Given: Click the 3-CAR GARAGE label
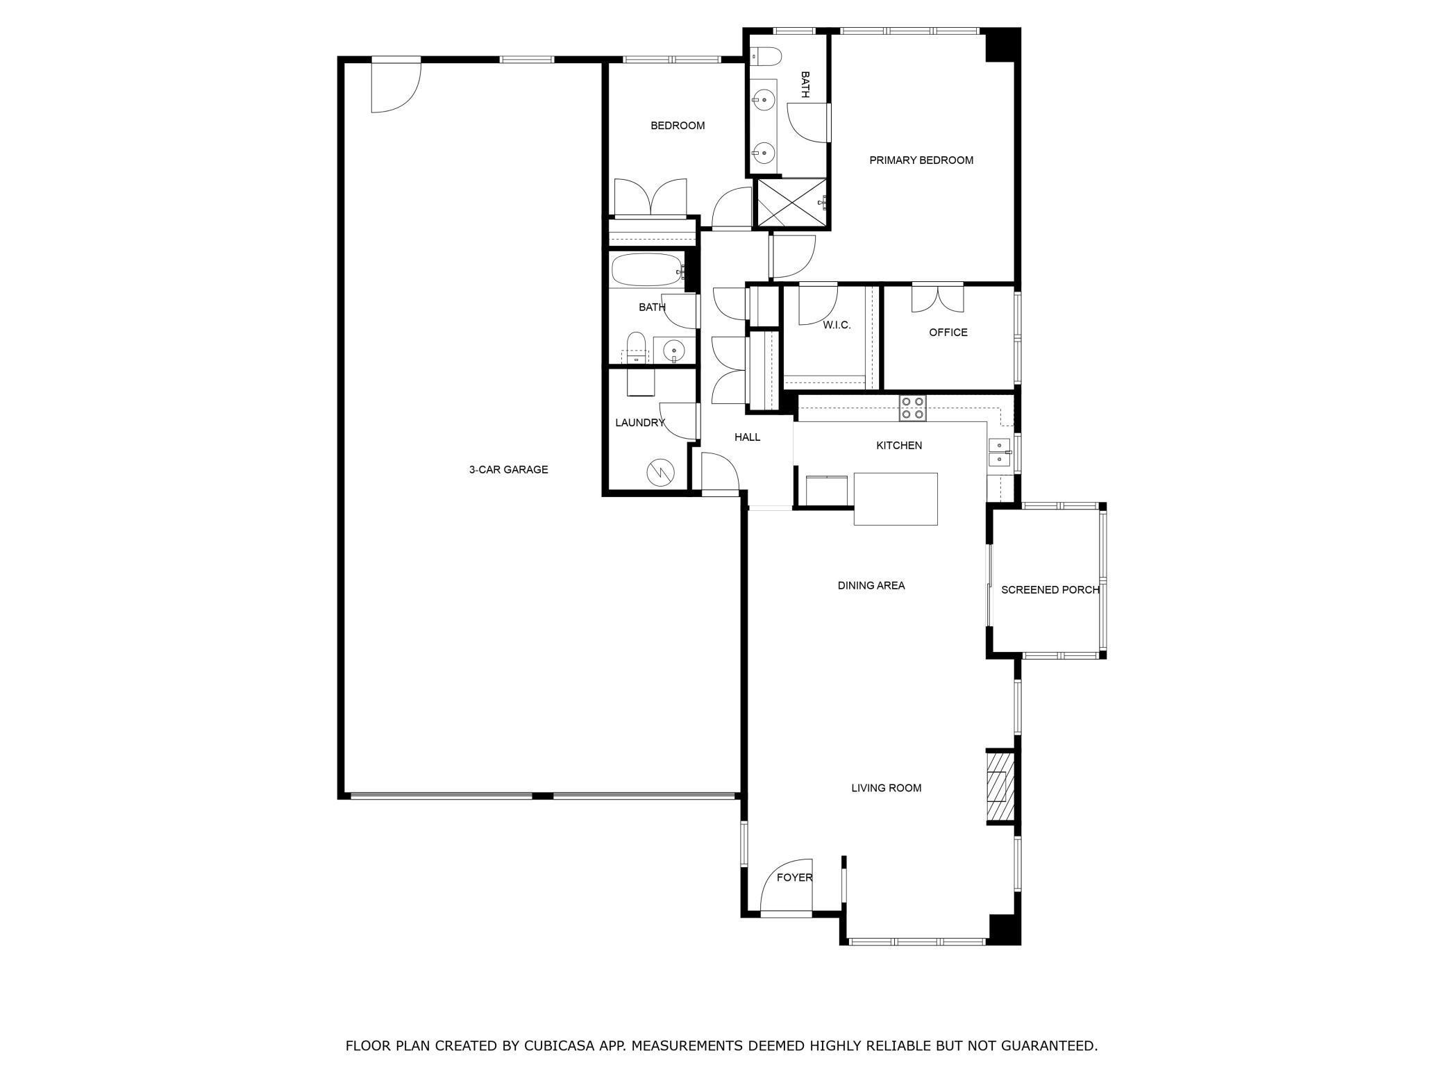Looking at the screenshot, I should [x=508, y=470].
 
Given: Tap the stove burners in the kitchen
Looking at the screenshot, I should [x=912, y=408].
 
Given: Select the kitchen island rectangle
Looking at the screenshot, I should [x=895, y=498].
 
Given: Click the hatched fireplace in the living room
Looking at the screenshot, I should [x=998, y=787].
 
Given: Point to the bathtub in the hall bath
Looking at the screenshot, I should [x=646, y=270].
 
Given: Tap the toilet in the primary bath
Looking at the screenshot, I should [x=768, y=54].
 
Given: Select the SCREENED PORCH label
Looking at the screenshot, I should [x=1049, y=590].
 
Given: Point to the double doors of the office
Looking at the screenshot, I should [x=937, y=298].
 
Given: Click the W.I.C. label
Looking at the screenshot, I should [x=837, y=325].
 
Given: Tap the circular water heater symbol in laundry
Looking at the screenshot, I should [x=660, y=473].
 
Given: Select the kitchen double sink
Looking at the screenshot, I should [x=998, y=452].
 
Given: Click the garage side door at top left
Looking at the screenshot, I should [x=396, y=85].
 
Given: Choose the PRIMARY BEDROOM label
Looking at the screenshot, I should [x=921, y=160].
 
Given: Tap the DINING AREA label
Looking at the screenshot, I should [x=871, y=586].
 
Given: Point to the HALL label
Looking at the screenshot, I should [x=747, y=437].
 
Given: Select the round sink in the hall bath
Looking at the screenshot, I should [x=673, y=351].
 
